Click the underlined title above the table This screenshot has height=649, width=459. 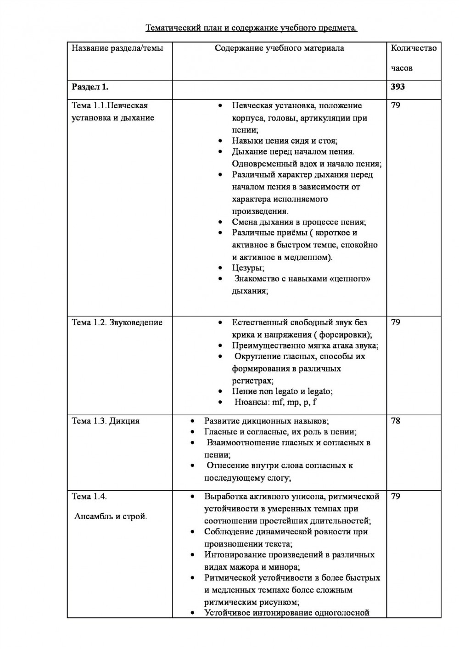[x=251, y=28]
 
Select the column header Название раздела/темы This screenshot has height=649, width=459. [x=117, y=48]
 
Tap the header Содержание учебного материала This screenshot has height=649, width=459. [x=279, y=48]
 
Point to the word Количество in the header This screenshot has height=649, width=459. [x=414, y=48]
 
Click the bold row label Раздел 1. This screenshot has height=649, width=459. [x=90, y=87]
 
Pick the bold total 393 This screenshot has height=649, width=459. [x=397, y=87]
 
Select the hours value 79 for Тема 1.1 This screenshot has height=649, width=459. [x=395, y=105]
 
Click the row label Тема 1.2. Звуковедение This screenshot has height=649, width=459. [x=117, y=322]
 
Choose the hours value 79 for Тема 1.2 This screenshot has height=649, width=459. [x=395, y=322]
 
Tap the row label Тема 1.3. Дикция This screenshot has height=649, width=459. [x=106, y=421]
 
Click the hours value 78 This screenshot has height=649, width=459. [x=395, y=421]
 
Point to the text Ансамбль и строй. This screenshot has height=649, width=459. [x=111, y=516]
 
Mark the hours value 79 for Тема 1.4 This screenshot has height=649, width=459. [x=395, y=497]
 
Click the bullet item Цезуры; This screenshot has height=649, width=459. [x=248, y=268]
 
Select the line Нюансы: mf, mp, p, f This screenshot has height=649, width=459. [x=275, y=402]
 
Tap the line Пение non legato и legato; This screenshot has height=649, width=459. [x=282, y=391]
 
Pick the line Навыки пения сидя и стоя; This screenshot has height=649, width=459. [x=285, y=141]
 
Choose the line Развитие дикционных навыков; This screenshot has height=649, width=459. [x=266, y=421]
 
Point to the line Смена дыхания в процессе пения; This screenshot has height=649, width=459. [x=299, y=222]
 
